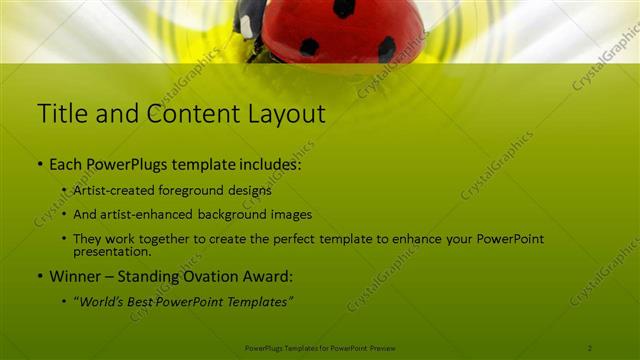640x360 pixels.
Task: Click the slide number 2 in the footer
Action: (590, 347)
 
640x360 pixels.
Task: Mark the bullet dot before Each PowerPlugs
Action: (39, 164)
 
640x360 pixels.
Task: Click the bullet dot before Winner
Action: (39, 277)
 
